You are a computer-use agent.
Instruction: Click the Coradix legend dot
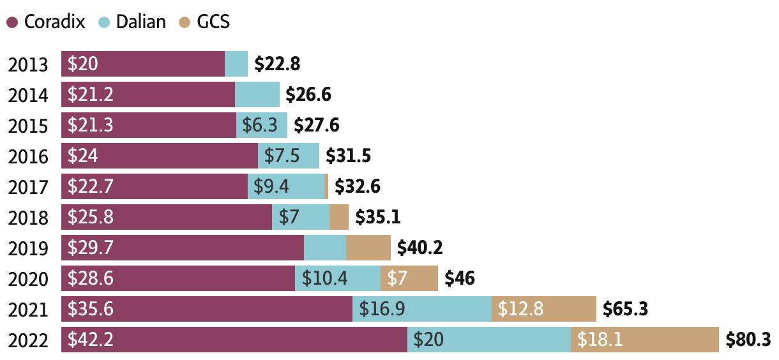[12, 22]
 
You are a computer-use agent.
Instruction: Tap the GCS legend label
[213, 22]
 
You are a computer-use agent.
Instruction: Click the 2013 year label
[28, 64]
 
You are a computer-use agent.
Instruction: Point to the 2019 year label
[28, 248]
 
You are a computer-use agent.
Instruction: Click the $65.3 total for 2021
[626, 310]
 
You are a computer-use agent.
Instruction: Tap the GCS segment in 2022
[644, 340]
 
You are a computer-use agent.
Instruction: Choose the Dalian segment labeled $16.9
[421, 309]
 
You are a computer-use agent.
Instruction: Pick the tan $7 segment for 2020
[409, 278]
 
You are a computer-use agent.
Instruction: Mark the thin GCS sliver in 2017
[326, 186]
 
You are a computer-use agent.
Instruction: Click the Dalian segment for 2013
[236, 64]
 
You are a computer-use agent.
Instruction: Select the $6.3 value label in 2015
[261, 126]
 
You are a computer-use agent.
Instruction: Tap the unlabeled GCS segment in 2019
[368, 248]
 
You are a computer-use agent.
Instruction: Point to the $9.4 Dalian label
[271, 187]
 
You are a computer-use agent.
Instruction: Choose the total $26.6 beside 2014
[308, 95]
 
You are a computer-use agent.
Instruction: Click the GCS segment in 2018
[339, 217]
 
